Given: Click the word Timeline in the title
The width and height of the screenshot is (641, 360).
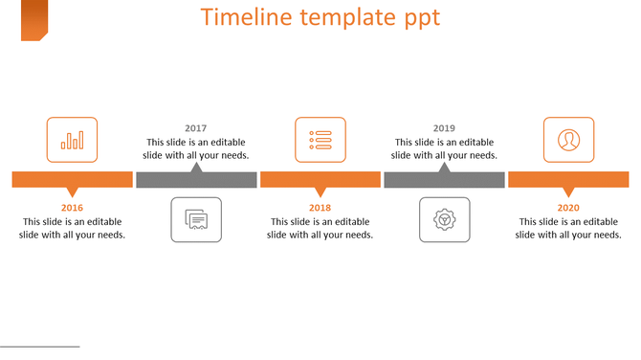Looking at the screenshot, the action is [x=244, y=18].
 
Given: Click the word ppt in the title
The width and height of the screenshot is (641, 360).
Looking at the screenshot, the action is [x=418, y=19].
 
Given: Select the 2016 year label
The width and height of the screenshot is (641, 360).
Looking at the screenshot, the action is [x=72, y=208].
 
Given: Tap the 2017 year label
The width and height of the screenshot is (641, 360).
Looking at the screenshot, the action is [x=196, y=128].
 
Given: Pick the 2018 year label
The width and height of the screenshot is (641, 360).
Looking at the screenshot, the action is [x=320, y=208].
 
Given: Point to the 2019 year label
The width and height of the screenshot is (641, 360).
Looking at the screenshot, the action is [x=444, y=128].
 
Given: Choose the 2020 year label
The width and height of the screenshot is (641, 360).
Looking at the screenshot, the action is [x=568, y=208].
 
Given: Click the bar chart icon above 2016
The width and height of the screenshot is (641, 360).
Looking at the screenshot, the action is [x=72, y=140].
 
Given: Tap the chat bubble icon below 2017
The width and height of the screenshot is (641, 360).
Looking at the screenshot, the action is [x=196, y=220].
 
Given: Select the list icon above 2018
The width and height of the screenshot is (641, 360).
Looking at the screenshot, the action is [x=320, y=140].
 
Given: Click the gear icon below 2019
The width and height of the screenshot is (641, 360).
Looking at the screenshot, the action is [x=444, y=220].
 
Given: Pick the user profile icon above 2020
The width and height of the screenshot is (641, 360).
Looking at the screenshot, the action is [x=568, y=140].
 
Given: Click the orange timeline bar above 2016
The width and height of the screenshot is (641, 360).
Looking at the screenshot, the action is [x=72, y=179].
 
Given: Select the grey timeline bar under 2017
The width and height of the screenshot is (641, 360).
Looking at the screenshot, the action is [x=196, y=180].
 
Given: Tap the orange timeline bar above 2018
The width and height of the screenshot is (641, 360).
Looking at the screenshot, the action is [x=320, y=179].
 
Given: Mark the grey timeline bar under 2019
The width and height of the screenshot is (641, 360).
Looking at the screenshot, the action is [x=444, y=180].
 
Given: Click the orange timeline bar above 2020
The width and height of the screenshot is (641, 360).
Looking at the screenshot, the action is [x=568, y=179].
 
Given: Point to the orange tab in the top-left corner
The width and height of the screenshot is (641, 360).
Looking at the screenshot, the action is [x=34, y=20].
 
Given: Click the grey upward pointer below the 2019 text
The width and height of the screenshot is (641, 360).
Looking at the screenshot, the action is [x=444, y=169].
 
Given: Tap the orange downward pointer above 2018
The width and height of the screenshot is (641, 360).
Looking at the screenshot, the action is [x=320, y=191].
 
